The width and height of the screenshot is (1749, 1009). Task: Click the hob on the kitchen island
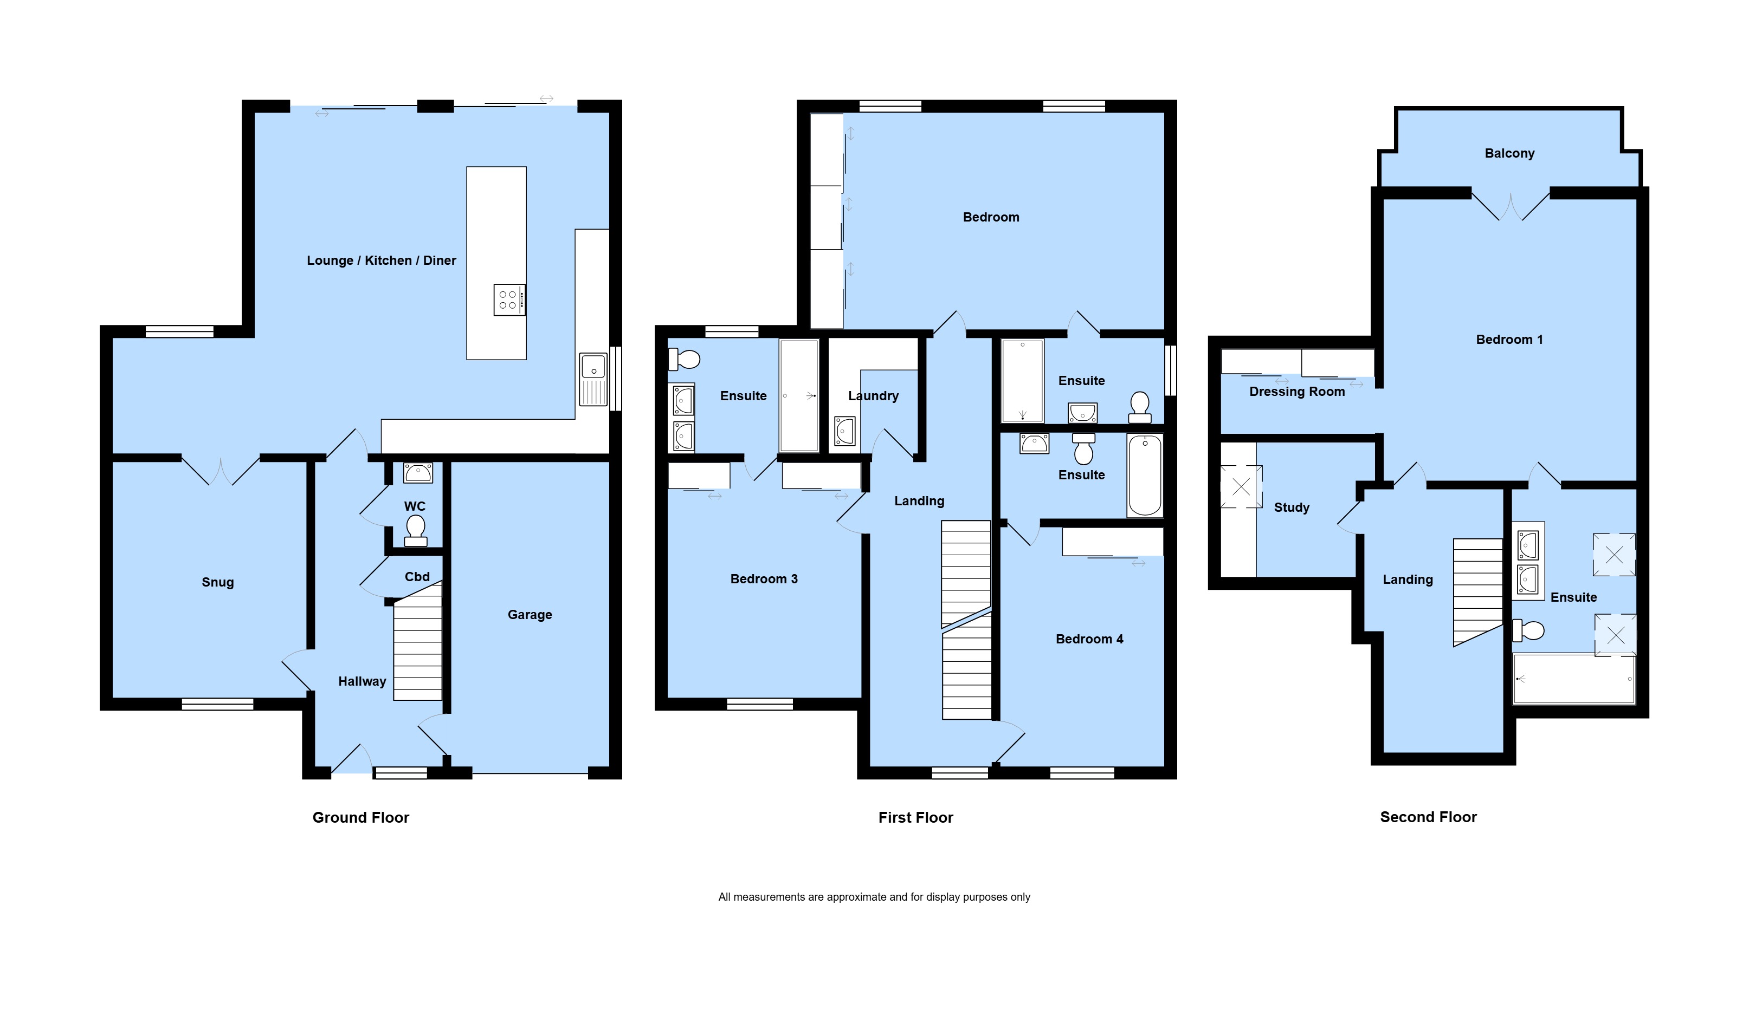[x=509, y=300]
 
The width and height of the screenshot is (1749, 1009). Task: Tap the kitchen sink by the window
[x=593, y=379]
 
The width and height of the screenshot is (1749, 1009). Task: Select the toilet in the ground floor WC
[x=415, y=530]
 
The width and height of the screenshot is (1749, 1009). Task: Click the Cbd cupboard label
[x=417, y=577]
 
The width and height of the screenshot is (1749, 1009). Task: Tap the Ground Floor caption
[x=360, y=817]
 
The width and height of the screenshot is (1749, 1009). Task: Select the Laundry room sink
[x=844, y=431]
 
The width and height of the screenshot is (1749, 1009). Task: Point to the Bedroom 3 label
[x=764, y=578]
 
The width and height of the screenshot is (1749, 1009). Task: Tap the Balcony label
[x=1509, y=153]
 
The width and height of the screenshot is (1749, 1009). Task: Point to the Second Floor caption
[x=1428, y=817]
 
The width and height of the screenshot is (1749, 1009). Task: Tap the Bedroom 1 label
[x=1509, y=340]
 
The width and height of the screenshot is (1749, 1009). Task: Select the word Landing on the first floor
[x=919, y=501]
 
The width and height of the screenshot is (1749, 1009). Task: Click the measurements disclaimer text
[x=874, y=897]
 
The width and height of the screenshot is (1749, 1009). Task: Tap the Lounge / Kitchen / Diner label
[x=382, y=261]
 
